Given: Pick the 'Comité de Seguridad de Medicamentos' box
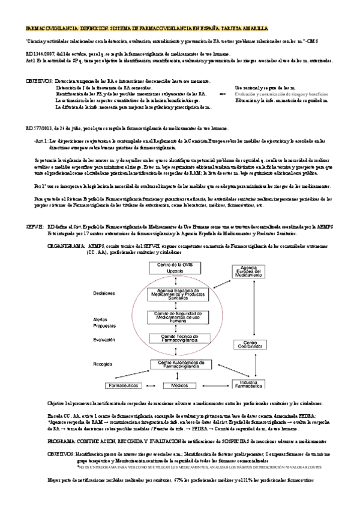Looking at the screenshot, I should coord(174,318).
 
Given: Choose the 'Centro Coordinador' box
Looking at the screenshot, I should coord(242,346).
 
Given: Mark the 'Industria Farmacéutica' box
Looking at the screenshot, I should coord(244,385).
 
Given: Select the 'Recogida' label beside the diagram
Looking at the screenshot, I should coord(104,364).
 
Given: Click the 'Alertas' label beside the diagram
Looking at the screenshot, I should coord(101,319).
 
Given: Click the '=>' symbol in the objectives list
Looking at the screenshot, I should coord(223,94).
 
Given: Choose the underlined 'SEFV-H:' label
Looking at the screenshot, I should coord(35,208).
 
